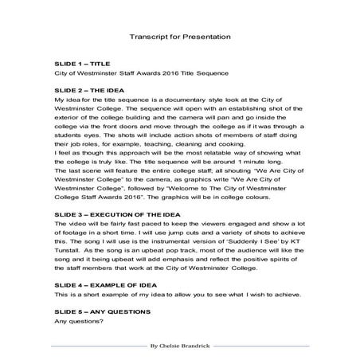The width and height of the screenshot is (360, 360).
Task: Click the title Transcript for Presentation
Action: click(x=179, y=37)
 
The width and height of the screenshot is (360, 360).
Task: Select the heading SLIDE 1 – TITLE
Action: click(x=83, y=62)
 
